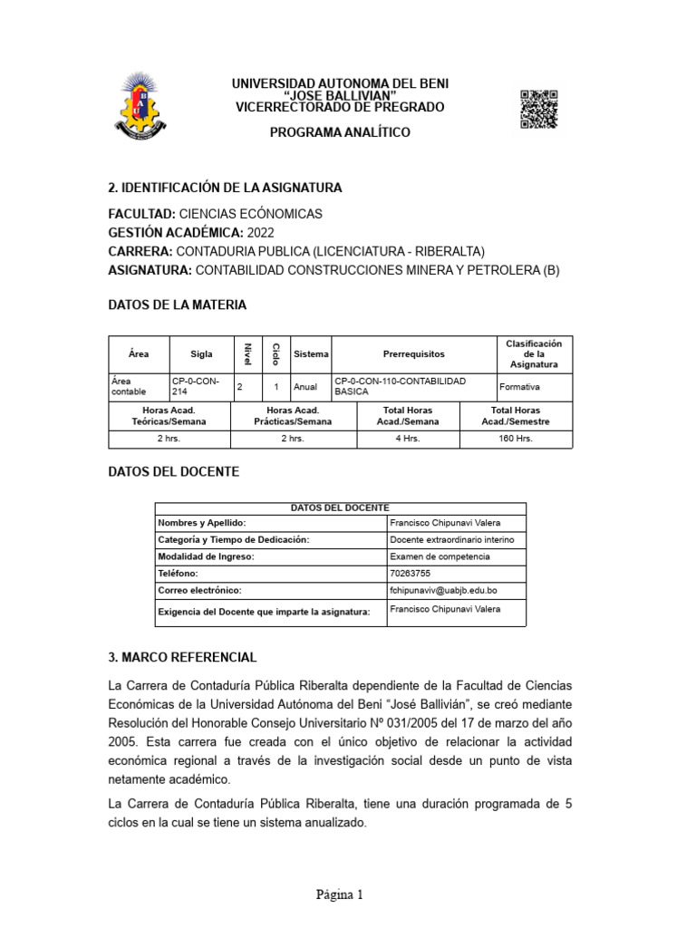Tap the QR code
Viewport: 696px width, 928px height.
tap(538, 110)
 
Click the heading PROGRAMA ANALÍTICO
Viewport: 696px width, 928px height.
tap(340, 132)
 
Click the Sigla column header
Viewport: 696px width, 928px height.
tap(201, 353)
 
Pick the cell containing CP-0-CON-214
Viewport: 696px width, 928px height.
tap(199, 386)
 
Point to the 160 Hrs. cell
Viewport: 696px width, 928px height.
tap(516, 439)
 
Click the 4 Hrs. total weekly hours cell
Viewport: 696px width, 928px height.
tap(408, 439)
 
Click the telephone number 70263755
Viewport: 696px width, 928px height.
tap(411, 574)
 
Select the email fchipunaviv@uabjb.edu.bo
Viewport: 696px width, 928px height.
tap(443, 590)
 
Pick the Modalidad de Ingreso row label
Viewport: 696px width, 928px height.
tap(206, 556)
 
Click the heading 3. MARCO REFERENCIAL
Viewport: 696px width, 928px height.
tap(182, 656)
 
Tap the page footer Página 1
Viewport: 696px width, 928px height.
tap(339, 894)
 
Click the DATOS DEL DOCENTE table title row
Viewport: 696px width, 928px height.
tap(340, 507)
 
